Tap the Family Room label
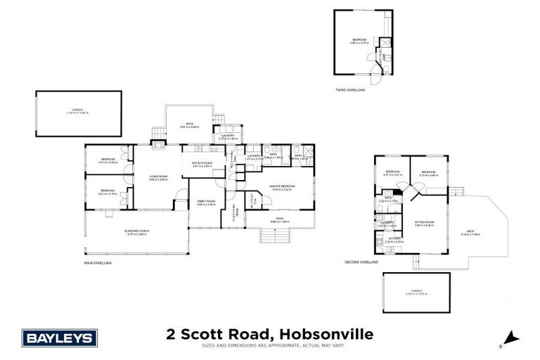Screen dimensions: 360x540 [205, 202]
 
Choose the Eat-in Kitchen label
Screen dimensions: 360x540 [202, 165]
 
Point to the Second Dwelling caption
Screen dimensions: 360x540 [361, 262]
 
